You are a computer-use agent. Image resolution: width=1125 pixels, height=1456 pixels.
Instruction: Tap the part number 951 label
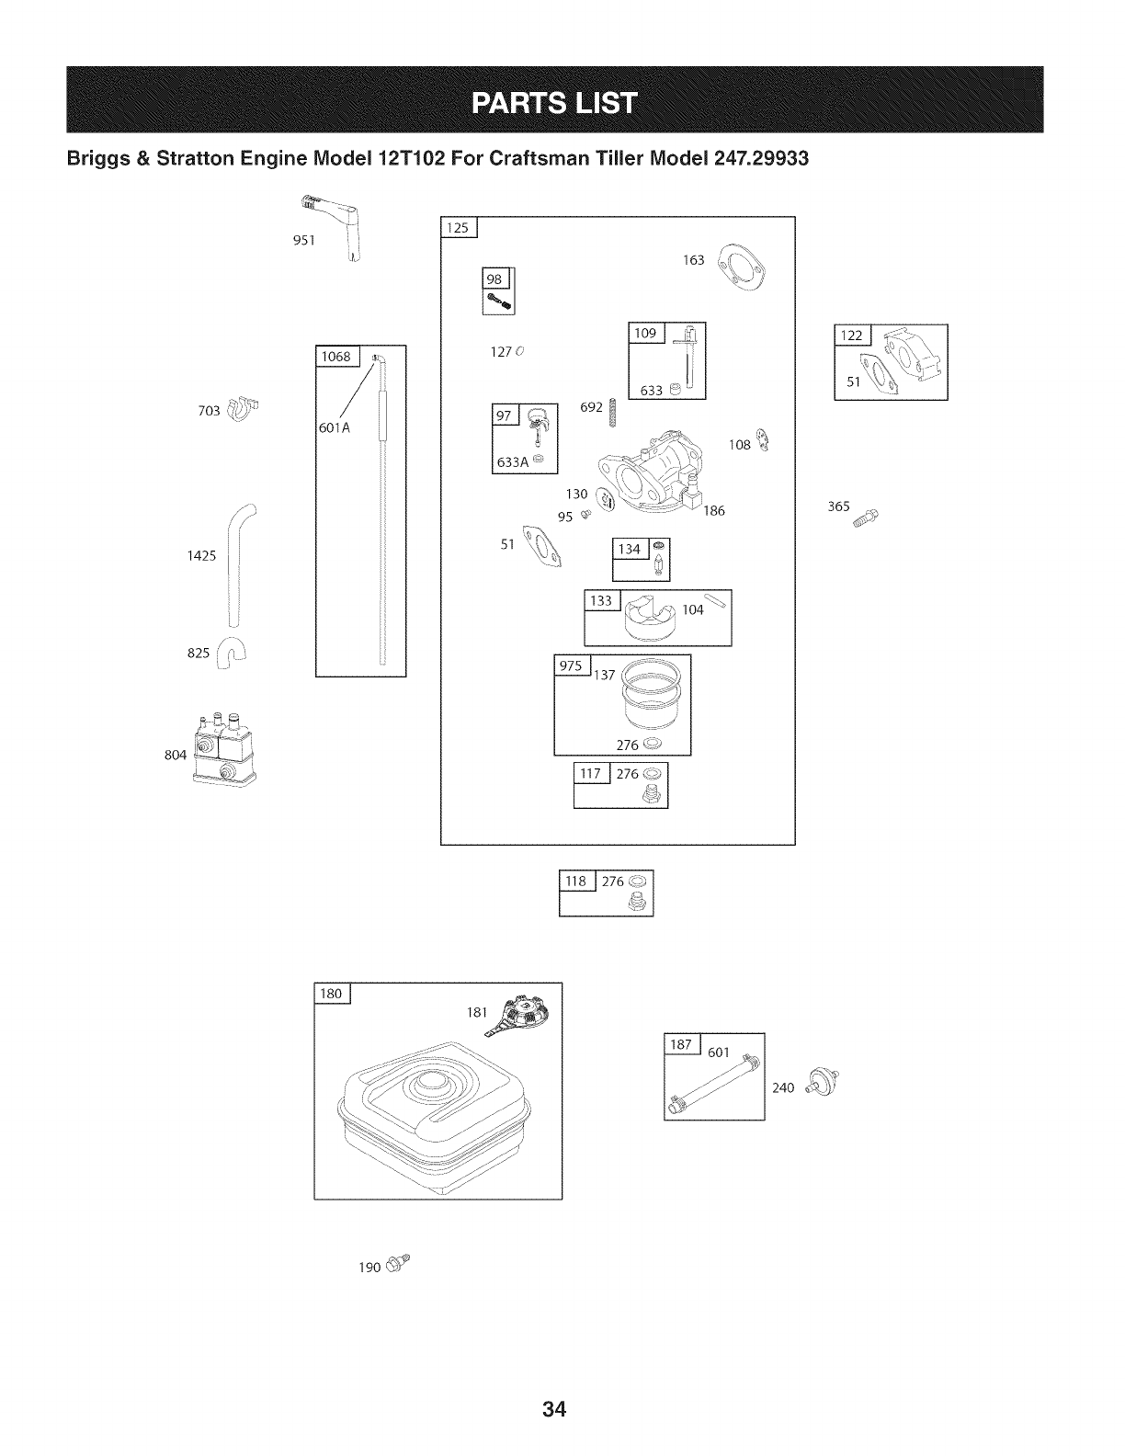tap(304, 241)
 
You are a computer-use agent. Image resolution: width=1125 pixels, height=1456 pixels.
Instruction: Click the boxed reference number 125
tap(458, 228)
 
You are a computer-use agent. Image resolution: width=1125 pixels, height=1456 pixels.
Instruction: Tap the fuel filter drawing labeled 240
tap(820, 1082)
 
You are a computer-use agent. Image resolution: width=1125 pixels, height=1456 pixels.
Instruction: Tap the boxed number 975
tap(571, 665)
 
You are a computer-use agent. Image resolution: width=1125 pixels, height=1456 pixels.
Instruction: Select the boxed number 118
tap(577, 881)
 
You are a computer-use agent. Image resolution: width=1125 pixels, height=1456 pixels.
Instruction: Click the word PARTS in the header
tap(516, 100)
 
